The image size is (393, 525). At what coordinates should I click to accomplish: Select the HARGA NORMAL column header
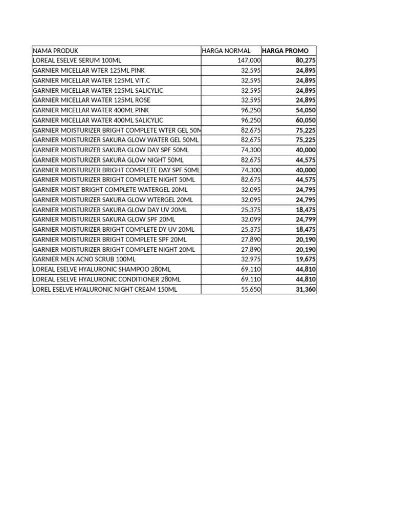tap(226, 51)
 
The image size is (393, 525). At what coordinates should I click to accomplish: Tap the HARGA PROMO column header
tap(285, 51)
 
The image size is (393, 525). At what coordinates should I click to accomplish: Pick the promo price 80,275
tap(305, 60)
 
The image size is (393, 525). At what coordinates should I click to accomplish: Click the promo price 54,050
tap(305, 110)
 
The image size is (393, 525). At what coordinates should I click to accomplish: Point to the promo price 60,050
tap(305, 120)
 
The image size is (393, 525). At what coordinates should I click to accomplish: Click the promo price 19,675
tap(305, 259)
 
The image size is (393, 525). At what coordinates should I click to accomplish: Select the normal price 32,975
tap(251, 259)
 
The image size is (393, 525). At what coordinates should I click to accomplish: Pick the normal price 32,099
tap(251, 219)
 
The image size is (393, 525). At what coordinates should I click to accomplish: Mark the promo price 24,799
tap(305, 219)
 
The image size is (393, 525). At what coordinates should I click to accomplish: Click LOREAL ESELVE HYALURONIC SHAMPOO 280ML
tap(102, 269)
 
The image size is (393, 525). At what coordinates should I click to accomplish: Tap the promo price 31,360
tap(305, 290)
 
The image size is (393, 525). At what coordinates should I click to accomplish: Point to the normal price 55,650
tap(251, 290)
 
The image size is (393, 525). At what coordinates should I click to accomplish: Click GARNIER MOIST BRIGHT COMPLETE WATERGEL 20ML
tap(110, 190)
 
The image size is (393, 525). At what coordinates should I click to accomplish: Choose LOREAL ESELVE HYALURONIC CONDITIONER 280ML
tap(106, 279)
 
